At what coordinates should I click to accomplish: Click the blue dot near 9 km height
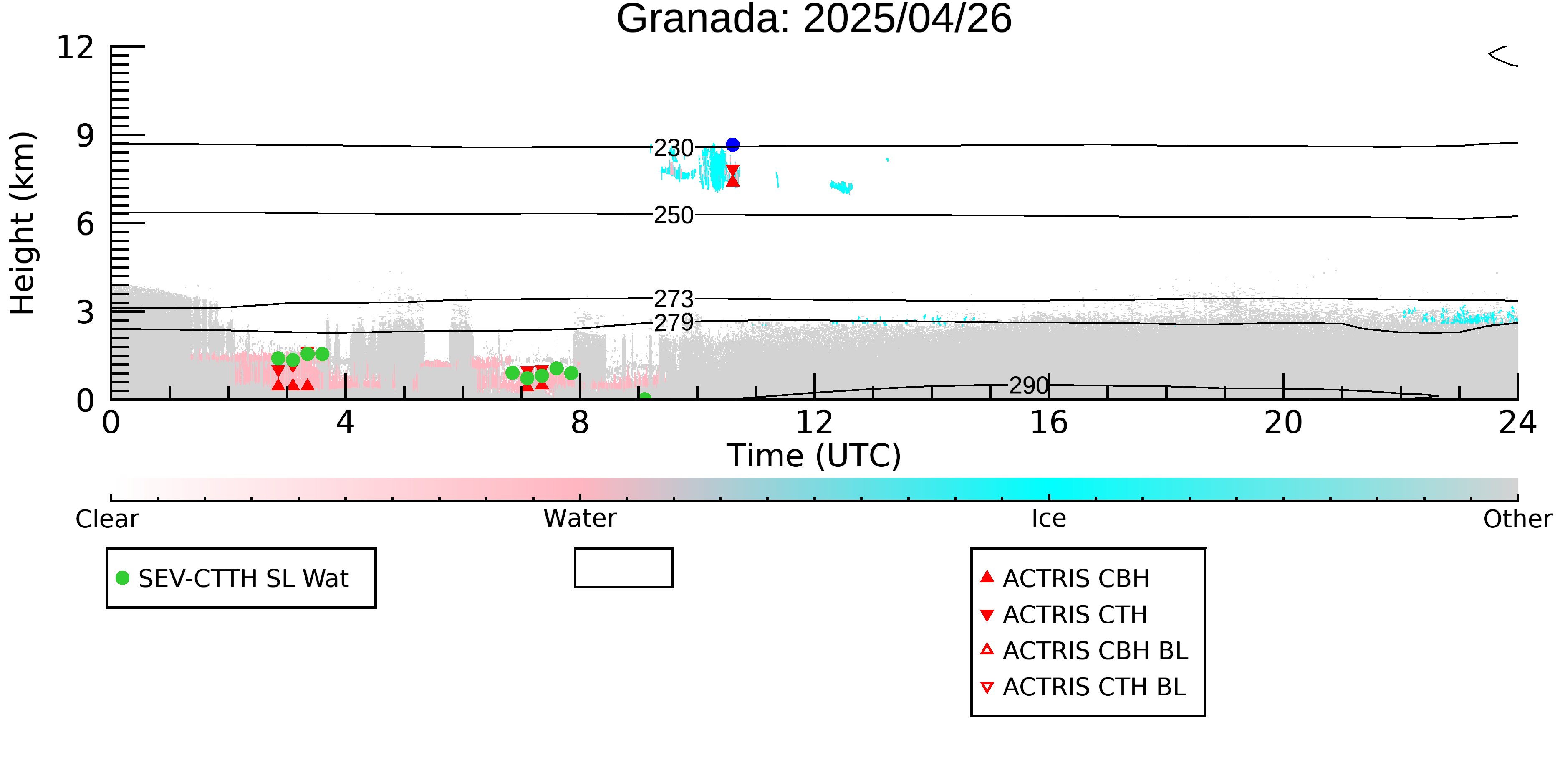tap(733, 144)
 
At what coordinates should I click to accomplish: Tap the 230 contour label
tap(674, 148)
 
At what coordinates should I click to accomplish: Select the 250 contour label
tap(674, 215)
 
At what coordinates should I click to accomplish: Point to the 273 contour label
tap(674, 299)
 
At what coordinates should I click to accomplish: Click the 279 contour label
tap(674, 322)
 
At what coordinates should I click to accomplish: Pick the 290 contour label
tap(1029, 385)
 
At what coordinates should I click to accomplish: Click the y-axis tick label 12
tap(76, 48)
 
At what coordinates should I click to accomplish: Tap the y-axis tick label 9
tap(85, 136)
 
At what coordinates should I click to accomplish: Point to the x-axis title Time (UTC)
tap(814, 456)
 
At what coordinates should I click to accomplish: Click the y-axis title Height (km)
tap(23, 223)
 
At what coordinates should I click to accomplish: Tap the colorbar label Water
tap(580, 519)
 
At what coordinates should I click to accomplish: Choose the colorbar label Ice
tap(1049, 519)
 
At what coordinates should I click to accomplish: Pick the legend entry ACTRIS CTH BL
tap(1083, 687)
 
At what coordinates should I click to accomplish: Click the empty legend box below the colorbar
tap(624, 549)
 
